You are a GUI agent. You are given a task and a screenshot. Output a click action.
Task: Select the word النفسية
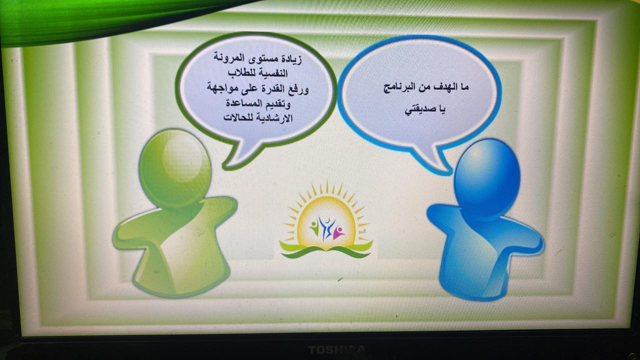click(x=271, y=73)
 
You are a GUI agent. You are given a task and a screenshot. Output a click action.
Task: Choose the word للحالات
click(x=237, y=117)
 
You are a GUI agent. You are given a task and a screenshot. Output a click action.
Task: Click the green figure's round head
click(x=175, y=168)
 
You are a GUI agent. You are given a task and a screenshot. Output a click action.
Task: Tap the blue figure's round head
click(x=487, y=177)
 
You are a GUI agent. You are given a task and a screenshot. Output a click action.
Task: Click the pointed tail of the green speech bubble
click(x=228, y=167)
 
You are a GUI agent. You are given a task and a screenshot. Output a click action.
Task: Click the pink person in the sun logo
click(x=338, y=233)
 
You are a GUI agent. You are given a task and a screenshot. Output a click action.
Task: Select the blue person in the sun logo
click(x=326, y=228)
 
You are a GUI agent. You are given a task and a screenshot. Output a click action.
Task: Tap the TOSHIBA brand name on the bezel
click(x=336, y=349)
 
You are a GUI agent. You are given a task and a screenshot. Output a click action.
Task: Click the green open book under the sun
click(x=326, y=251)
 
